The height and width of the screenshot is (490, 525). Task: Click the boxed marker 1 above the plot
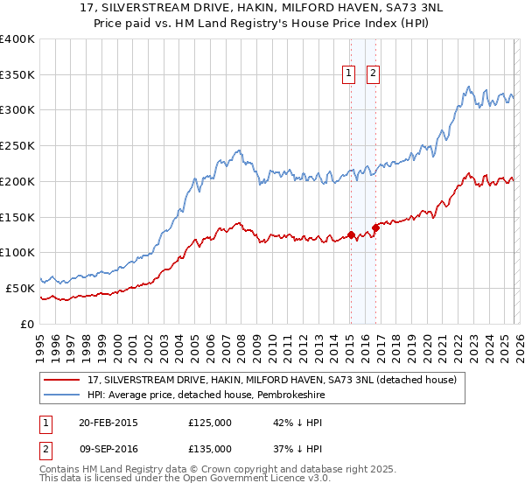pyautogui.click(x=349, y=74)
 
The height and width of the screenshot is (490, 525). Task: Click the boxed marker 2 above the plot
pyautogui.click(x=374, y=74)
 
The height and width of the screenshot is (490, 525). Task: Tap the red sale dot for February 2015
pyautogui.click(x=351, y=234)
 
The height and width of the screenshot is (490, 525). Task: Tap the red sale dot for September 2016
pyautogui.click(x=375, y=227)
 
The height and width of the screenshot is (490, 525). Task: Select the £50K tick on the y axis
pyautogui.click(x=20, y=288)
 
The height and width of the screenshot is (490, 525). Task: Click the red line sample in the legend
pyautogui.click(x=63, y=381)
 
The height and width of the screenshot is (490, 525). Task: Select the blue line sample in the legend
pyautogui.click(x=63, y=395)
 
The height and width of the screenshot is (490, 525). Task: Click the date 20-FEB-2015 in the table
pyautogui.click(x=108, y=423)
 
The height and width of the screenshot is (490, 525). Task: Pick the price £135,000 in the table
pyautogui.click(x=209, y=448)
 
